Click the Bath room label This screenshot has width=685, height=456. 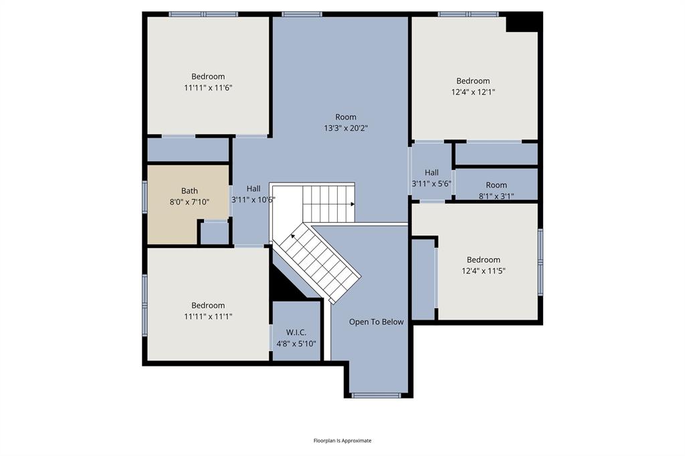click(189, 191)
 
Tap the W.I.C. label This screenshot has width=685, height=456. click(296, 332)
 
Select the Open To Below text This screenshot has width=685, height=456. click(376, 322)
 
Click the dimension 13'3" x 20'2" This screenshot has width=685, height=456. click(346, 128)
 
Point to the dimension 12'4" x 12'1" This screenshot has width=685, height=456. click(473, 92)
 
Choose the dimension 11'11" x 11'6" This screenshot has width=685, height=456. click(208, 88)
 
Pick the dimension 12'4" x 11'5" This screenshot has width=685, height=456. click(483, 271)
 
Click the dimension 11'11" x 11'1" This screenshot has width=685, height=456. click(208, 316)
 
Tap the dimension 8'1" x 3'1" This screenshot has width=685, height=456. click(496, 196)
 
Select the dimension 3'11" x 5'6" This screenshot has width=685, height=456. click(431, 184)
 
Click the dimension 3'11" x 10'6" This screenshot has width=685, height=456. click(254, 200)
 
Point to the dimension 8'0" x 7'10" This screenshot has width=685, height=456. click(189, 202)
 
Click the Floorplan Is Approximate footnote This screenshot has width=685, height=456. click(342, 440)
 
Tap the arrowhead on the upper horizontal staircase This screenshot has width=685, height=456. click(353, 204)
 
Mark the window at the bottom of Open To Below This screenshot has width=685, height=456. click(376, 395)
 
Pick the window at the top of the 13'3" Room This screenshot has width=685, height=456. click(302, 14)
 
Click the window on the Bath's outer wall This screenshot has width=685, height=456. click(144, 197)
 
